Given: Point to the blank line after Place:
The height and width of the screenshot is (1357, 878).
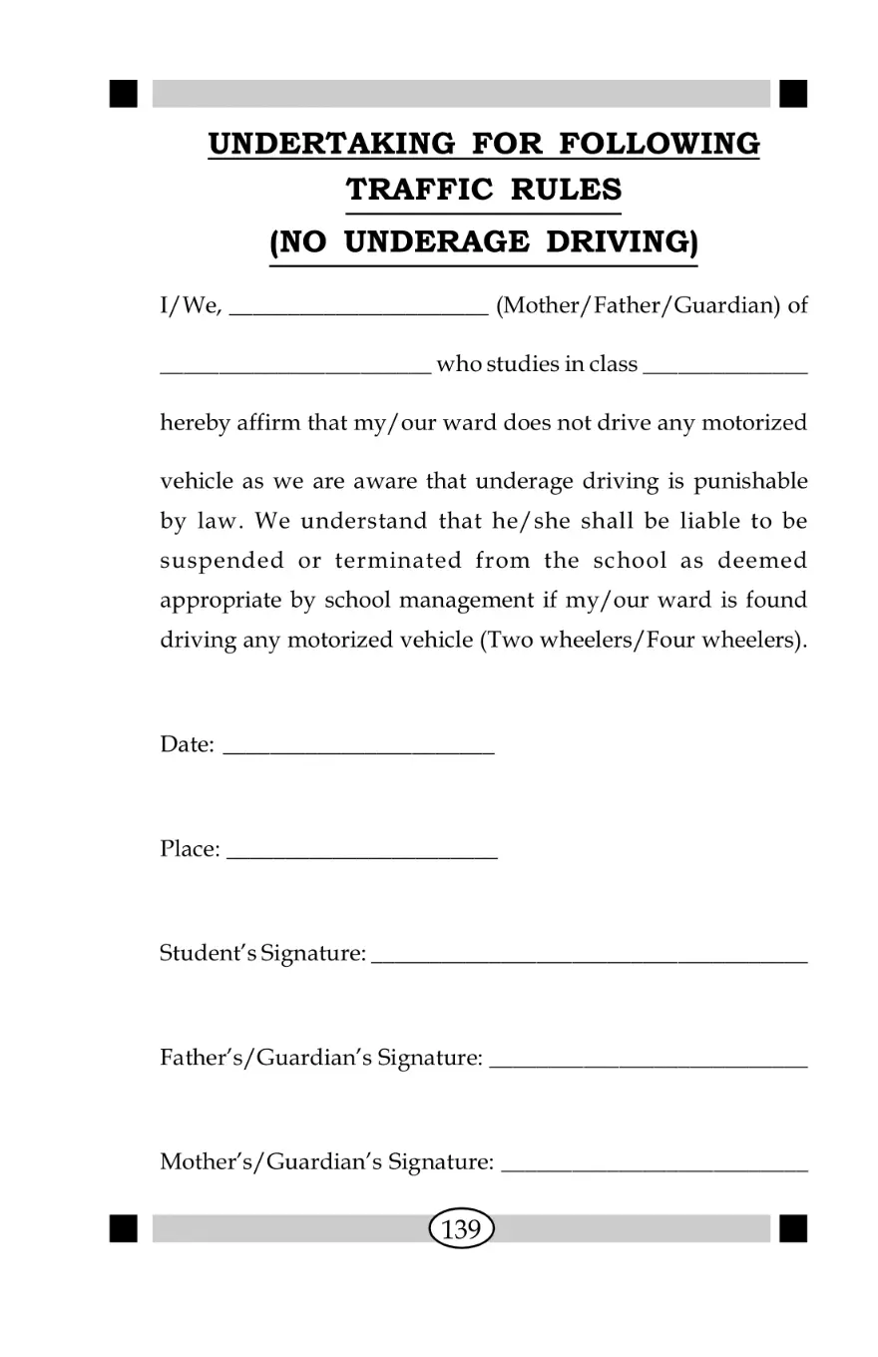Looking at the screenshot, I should pyautogui.click(x=362, y=855).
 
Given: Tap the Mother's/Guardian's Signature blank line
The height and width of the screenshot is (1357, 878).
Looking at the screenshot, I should pyautogui.click(x=655, y=1168).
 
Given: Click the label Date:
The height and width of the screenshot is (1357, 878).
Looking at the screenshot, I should pyautogui.click(x=187, y=744).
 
